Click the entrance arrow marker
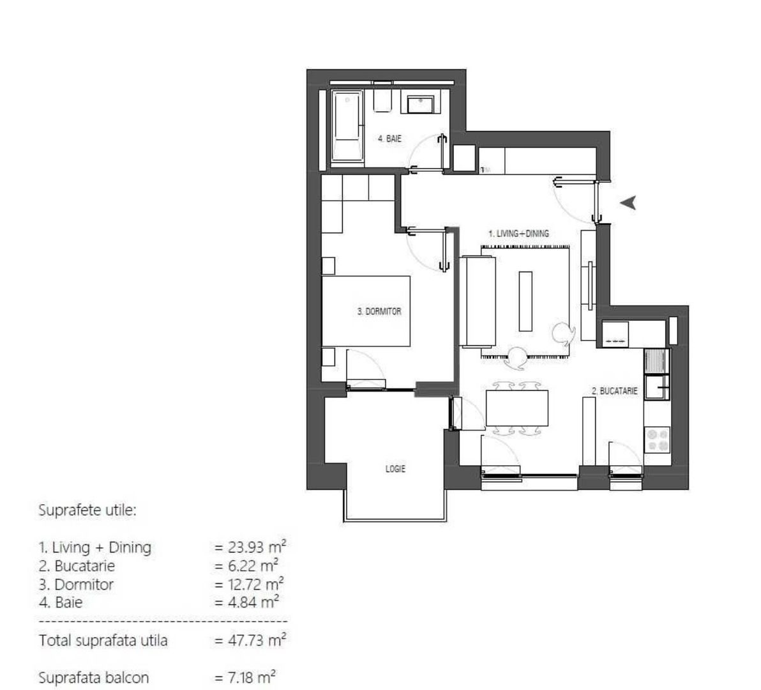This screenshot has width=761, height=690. [629, 203]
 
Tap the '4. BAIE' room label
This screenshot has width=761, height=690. [389, 138]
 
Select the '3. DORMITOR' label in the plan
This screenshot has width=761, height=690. [379, 312]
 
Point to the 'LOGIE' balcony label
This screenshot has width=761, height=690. [395, 468]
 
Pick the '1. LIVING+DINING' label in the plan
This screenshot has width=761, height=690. [518, 234]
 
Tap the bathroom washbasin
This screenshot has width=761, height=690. [421, 103]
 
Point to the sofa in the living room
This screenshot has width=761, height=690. [477, 301]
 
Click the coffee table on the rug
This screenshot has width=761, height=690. [525, 301]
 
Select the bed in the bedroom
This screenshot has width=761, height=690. [365, 311]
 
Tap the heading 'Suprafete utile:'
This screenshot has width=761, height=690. [88, 510]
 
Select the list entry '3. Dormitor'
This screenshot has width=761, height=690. [76, 584]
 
